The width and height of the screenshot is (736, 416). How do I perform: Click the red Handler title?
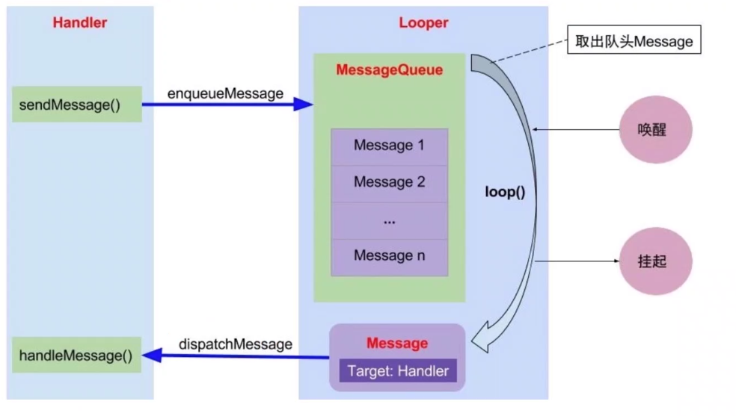point(79,22)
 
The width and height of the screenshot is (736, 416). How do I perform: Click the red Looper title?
point(423,22)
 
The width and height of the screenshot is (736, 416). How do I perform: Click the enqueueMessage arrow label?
point(225,93)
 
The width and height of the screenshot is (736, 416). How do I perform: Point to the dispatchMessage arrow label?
point(235,344)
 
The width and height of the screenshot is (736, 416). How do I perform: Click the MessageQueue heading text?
point(389,70)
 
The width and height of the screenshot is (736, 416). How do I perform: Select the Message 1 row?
point(389,146)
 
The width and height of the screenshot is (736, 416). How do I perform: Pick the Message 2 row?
point(389,182)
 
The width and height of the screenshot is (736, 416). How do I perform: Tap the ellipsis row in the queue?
point(389,220)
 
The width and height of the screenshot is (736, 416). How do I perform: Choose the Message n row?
point(389,256)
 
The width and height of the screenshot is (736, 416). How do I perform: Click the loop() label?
point(506,192)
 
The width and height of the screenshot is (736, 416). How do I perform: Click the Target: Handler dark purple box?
point(397,371)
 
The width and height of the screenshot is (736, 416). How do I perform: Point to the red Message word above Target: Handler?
point(397,344)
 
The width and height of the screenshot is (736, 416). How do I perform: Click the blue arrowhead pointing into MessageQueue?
point(304,105)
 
